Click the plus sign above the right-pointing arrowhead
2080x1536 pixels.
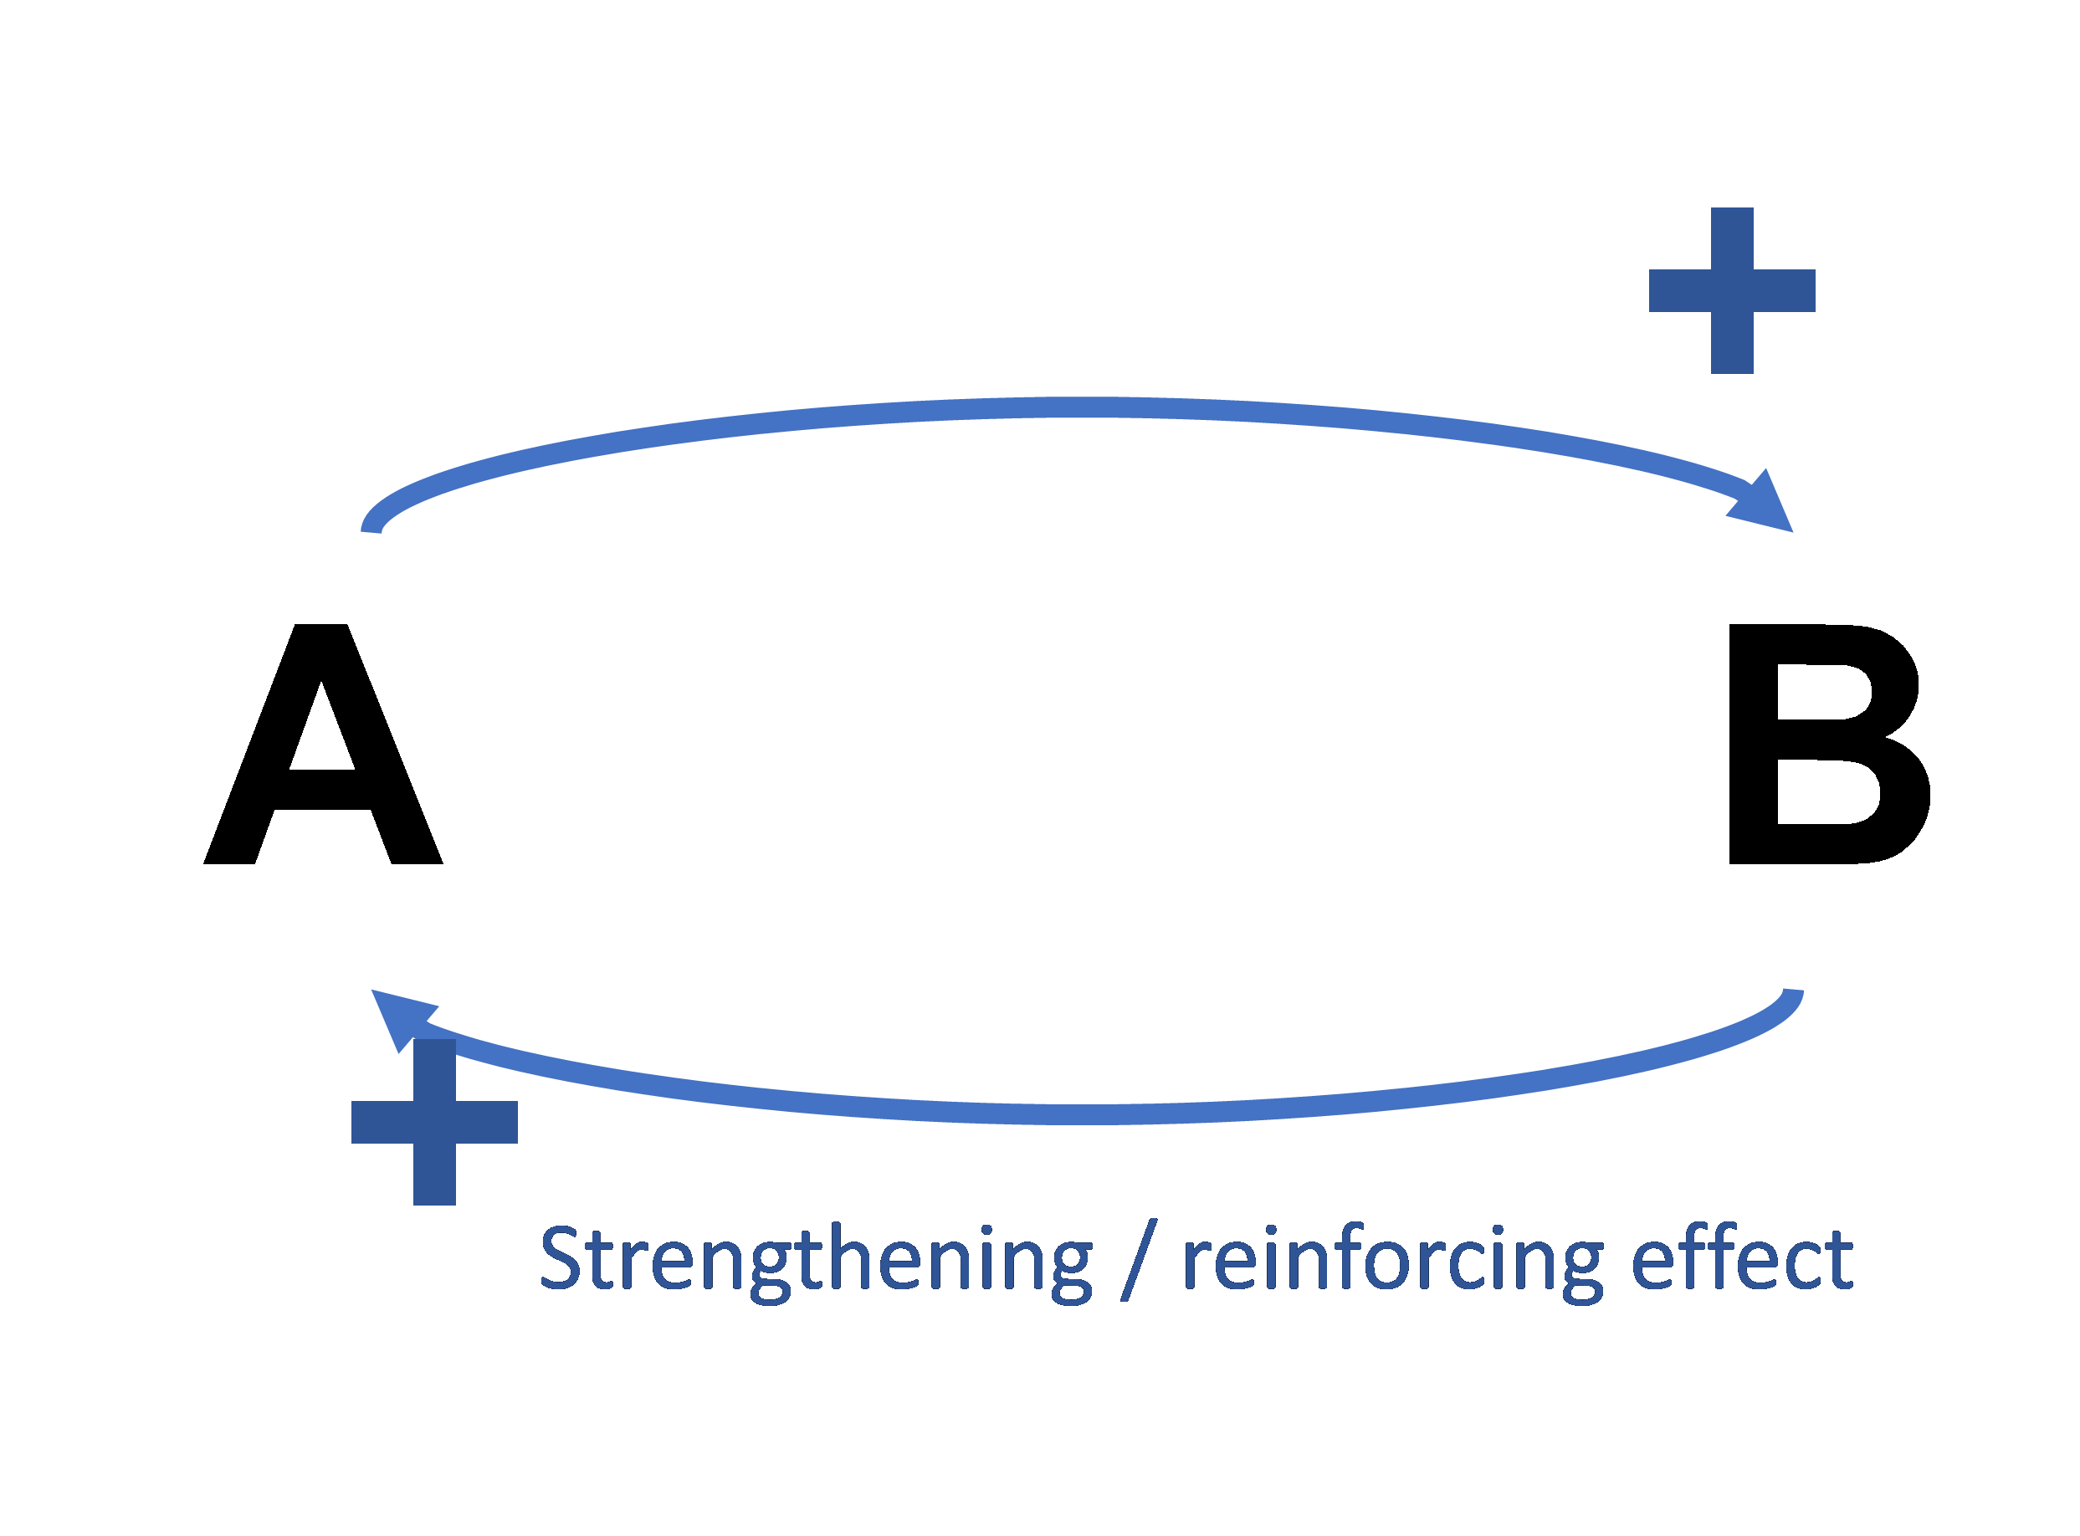(x=1731, y=290)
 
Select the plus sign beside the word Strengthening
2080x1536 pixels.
(x=434, y=1121)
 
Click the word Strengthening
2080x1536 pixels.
(x=816, y=1261)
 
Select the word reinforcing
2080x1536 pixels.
(x=1392, y=1261)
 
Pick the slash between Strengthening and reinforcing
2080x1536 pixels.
(x=1138, y=1261)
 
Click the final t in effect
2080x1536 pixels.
(x=1838, y=1261)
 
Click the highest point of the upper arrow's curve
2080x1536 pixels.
(x=1097, y=407)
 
